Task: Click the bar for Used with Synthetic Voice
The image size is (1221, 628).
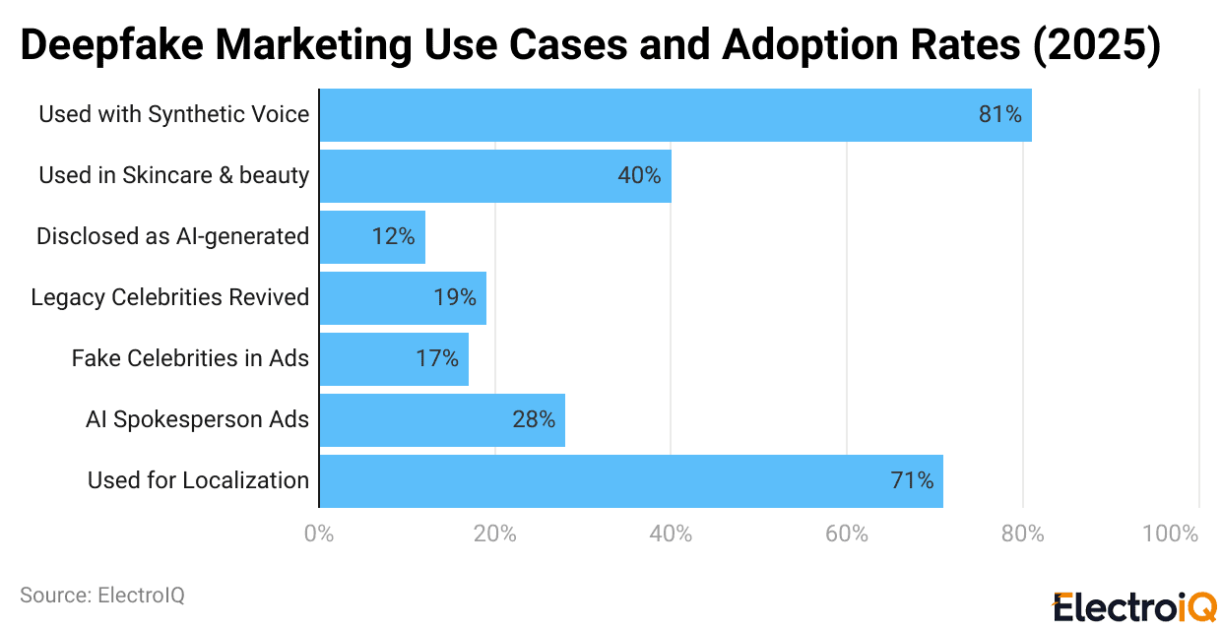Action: pos(675,115)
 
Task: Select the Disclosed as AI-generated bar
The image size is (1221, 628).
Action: pos(372,237)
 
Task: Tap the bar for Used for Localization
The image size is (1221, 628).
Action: pos(631,481)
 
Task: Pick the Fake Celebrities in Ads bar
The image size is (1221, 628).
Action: pos(394,359)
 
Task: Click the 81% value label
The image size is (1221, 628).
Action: pos(999,115)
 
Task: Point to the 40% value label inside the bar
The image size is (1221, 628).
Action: pos(639,176)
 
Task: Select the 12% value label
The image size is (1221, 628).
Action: pos(393,237)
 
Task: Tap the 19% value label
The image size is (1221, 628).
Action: pos(455,298)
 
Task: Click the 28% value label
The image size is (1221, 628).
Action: pos(534,420)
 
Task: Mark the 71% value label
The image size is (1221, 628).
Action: pos(912,481)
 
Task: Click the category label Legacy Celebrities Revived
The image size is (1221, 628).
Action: pos(169,297)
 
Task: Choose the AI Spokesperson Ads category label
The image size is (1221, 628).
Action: pos(197,419)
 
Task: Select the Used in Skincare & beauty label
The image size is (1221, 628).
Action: pos(173,175)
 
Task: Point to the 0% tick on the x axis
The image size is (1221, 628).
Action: pos(319,534)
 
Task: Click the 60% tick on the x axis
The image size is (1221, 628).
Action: pos(847,534)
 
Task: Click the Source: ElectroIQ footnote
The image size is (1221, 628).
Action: pos(101,596)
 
